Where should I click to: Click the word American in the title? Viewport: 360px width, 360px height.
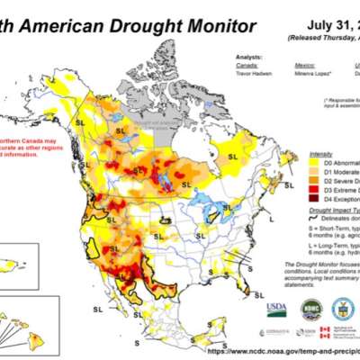coord(63,26)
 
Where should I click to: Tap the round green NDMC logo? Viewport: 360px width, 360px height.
coord(310,309)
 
